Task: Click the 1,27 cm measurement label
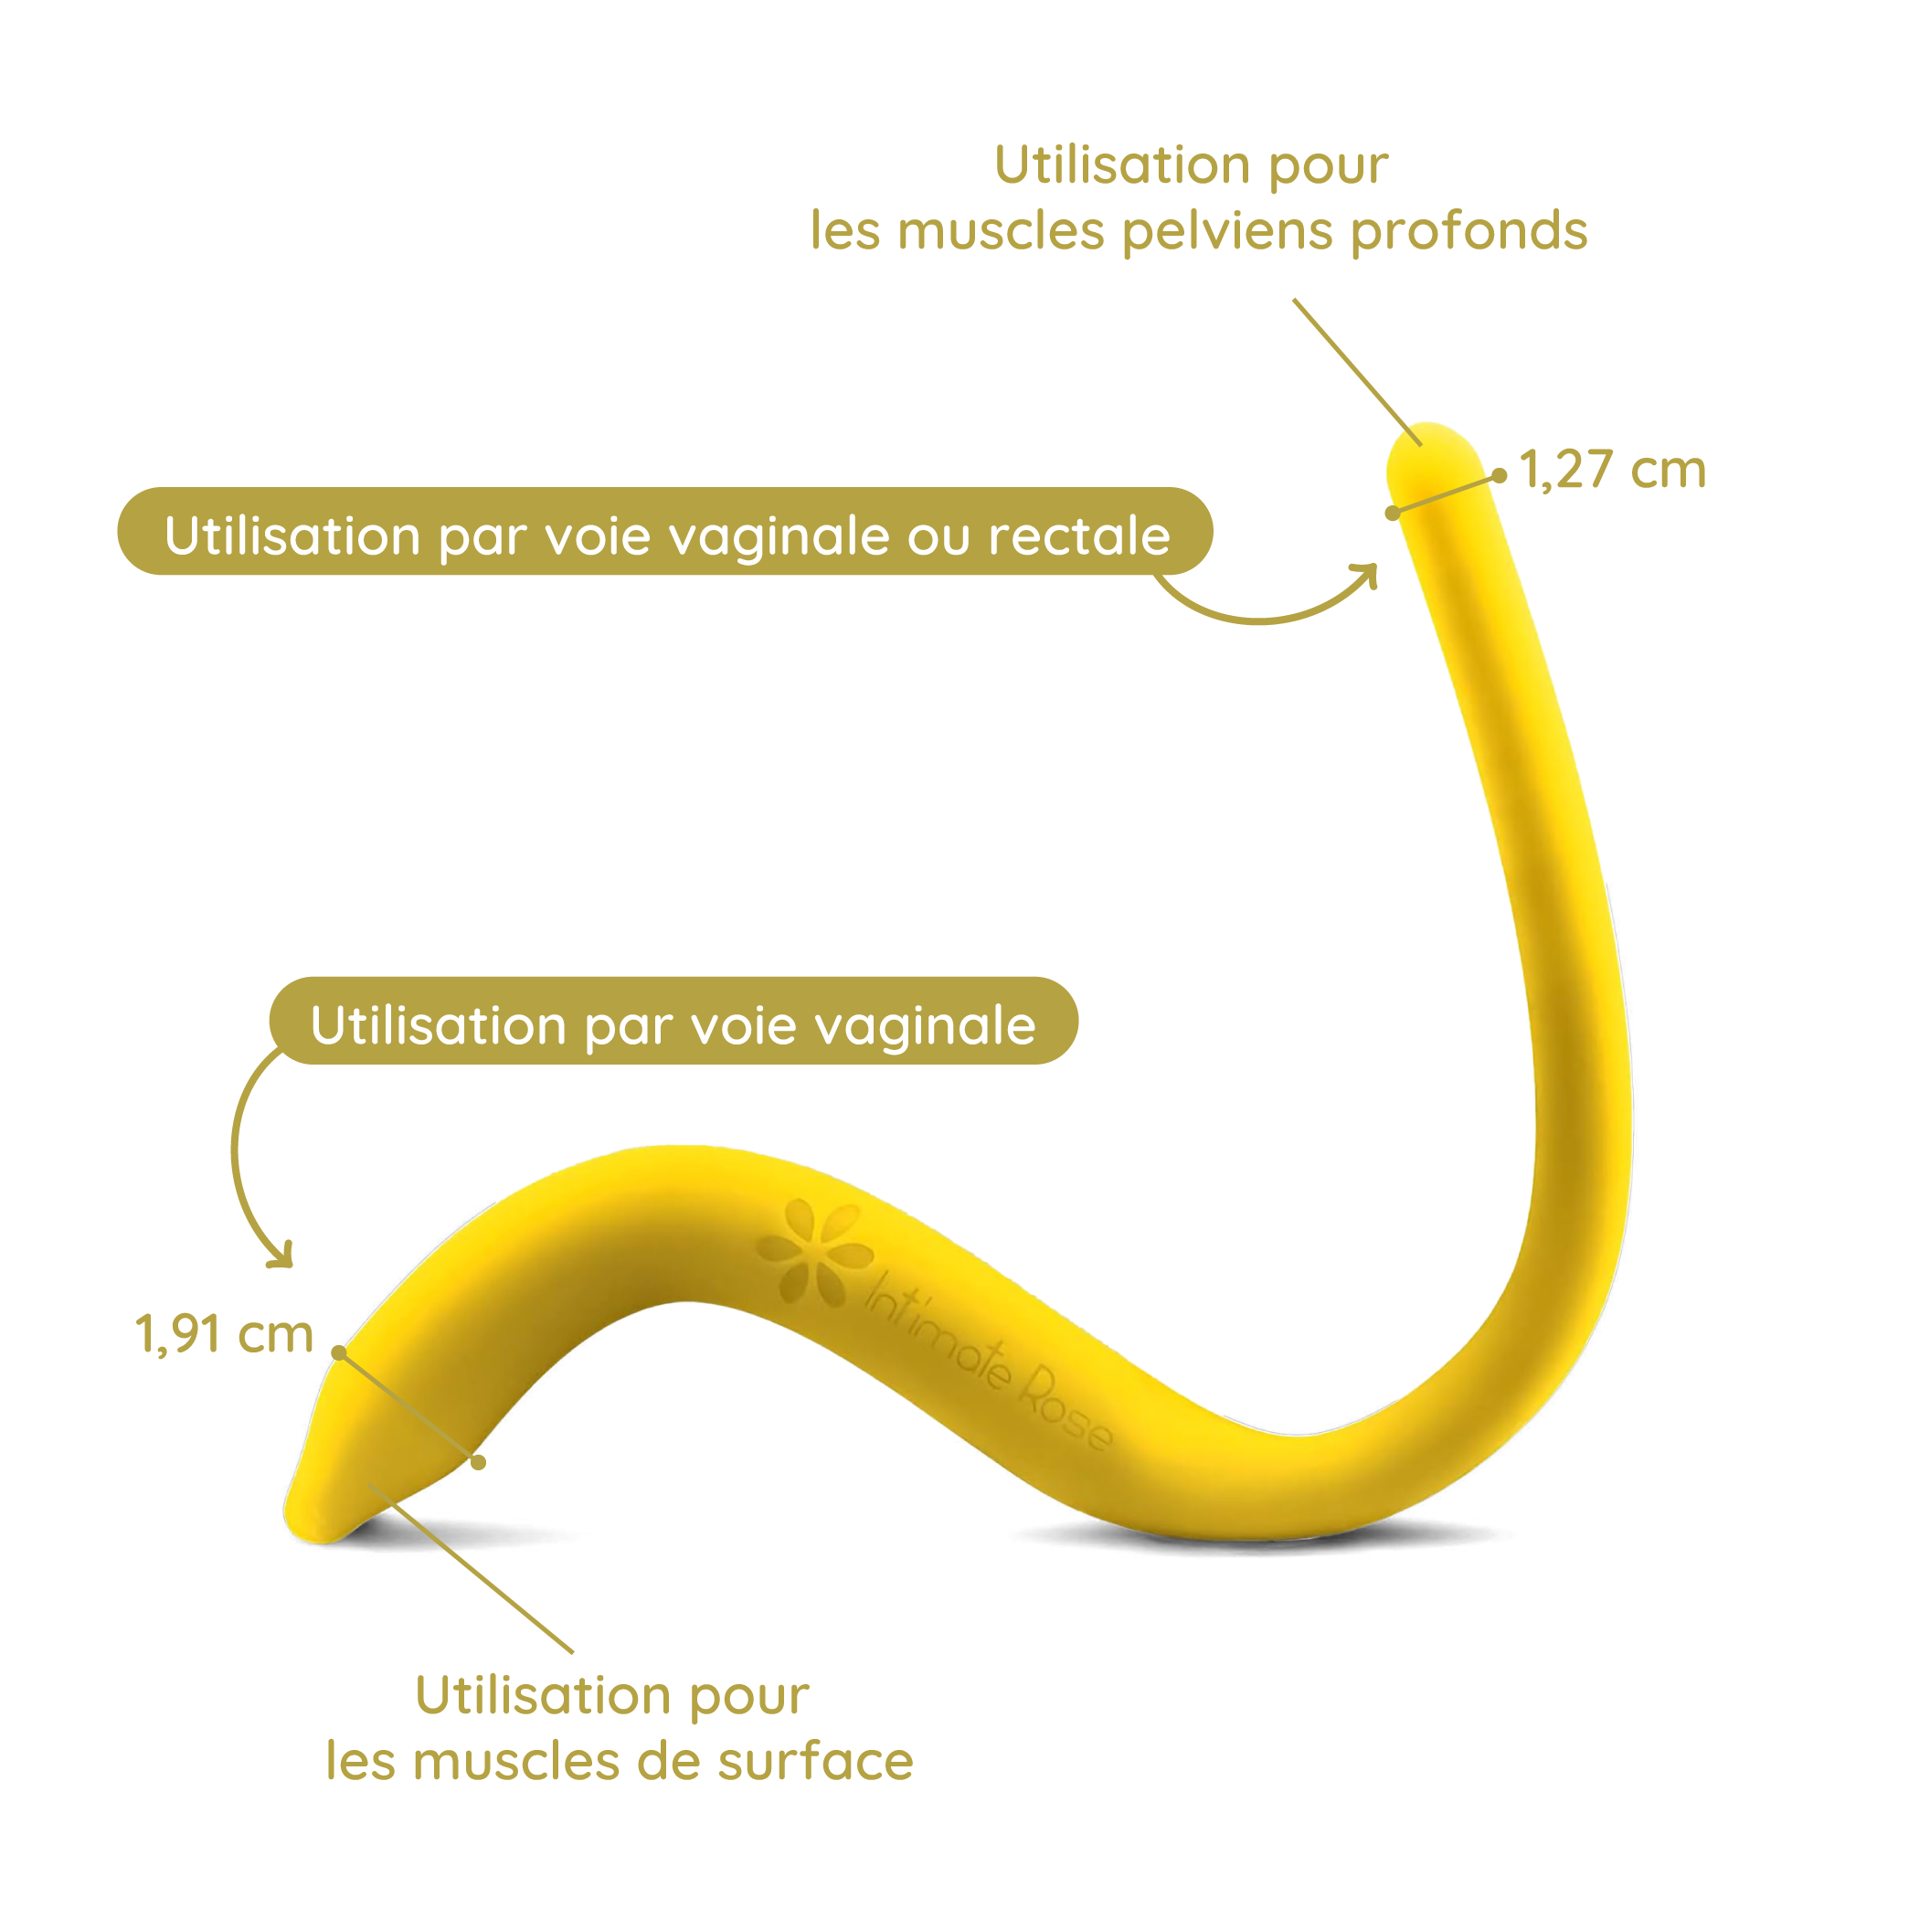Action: [x=1612, y=469]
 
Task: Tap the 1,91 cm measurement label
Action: [x=225, y=1334]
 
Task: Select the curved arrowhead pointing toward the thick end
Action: [x=281, y=1256]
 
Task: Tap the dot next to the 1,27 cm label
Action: [x=1500, y=477]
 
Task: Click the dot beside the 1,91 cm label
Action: [x=340, y=1352]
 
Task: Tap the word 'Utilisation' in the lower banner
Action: [x=438, y=1025]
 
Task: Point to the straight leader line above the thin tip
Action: [x=1358, y=373]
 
